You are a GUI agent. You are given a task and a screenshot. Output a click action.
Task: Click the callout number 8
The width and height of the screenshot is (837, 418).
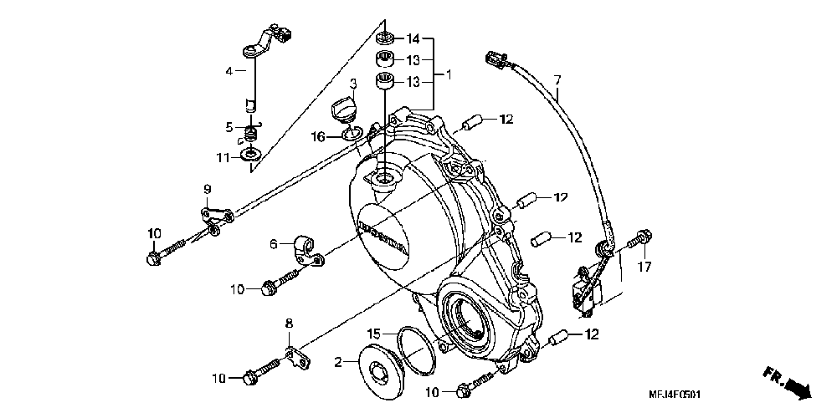coord(290,323)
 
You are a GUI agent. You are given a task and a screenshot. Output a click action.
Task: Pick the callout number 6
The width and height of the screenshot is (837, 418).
coord(273,244)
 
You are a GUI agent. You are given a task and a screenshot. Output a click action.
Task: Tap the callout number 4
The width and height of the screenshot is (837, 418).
coord(229,72)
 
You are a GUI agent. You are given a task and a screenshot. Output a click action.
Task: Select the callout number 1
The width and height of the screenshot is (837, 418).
coord(448,74)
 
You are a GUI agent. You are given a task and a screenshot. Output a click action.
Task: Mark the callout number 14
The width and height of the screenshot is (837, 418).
coord(413,39)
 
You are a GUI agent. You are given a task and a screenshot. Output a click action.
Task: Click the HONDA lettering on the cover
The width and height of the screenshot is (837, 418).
coord(382,237)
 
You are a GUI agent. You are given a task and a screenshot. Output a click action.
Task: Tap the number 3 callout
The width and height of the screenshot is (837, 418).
coord(353,84)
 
